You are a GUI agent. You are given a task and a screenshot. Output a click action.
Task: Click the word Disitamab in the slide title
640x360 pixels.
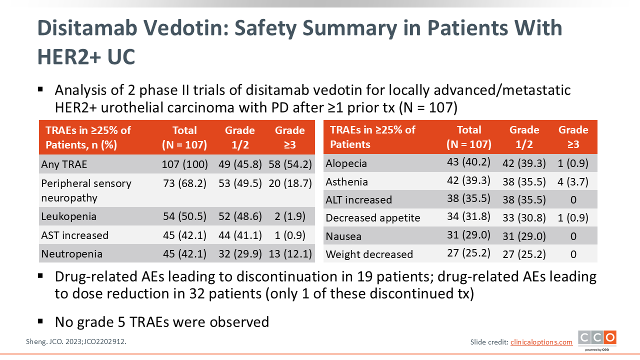pos(87,28)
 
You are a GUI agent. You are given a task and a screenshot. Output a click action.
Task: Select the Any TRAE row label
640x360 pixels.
pos(64,164)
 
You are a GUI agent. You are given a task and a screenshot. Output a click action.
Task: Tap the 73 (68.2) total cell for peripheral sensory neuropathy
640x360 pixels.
pos(184,183)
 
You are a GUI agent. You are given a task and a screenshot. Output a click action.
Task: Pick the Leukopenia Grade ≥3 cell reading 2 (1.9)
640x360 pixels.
pos(290,216)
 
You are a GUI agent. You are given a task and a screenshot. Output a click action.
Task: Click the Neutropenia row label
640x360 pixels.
pos(71,253)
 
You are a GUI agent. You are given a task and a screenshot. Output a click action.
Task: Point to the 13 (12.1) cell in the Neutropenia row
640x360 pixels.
pos(290,253)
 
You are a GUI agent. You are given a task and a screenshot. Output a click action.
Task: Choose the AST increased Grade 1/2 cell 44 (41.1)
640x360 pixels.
pos(240,235)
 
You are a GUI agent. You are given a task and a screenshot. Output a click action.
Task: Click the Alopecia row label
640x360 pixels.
pos(346,163)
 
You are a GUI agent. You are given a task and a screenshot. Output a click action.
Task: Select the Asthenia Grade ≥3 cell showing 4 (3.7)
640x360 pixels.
pos(573,181)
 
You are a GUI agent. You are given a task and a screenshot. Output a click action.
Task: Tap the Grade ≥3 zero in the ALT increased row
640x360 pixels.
pos(573,199)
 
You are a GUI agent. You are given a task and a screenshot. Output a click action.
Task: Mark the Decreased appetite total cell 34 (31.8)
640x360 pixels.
pos(468,216)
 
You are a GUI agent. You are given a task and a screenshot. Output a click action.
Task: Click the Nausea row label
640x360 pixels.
pos(343,236)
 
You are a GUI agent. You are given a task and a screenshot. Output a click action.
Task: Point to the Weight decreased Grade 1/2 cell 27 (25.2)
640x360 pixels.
pos(524,254)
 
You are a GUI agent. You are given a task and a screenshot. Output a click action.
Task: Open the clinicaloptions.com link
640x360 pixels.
pos(541,342)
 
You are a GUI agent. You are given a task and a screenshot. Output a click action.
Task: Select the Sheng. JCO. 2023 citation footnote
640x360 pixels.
pos(76,341)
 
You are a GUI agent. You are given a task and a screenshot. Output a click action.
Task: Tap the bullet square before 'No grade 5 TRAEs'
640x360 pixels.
pos(40,321)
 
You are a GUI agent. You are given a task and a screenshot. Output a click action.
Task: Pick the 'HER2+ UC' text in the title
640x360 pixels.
pos(86,56)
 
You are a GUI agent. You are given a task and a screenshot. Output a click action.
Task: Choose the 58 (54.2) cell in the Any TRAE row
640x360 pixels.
pos(290,164)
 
